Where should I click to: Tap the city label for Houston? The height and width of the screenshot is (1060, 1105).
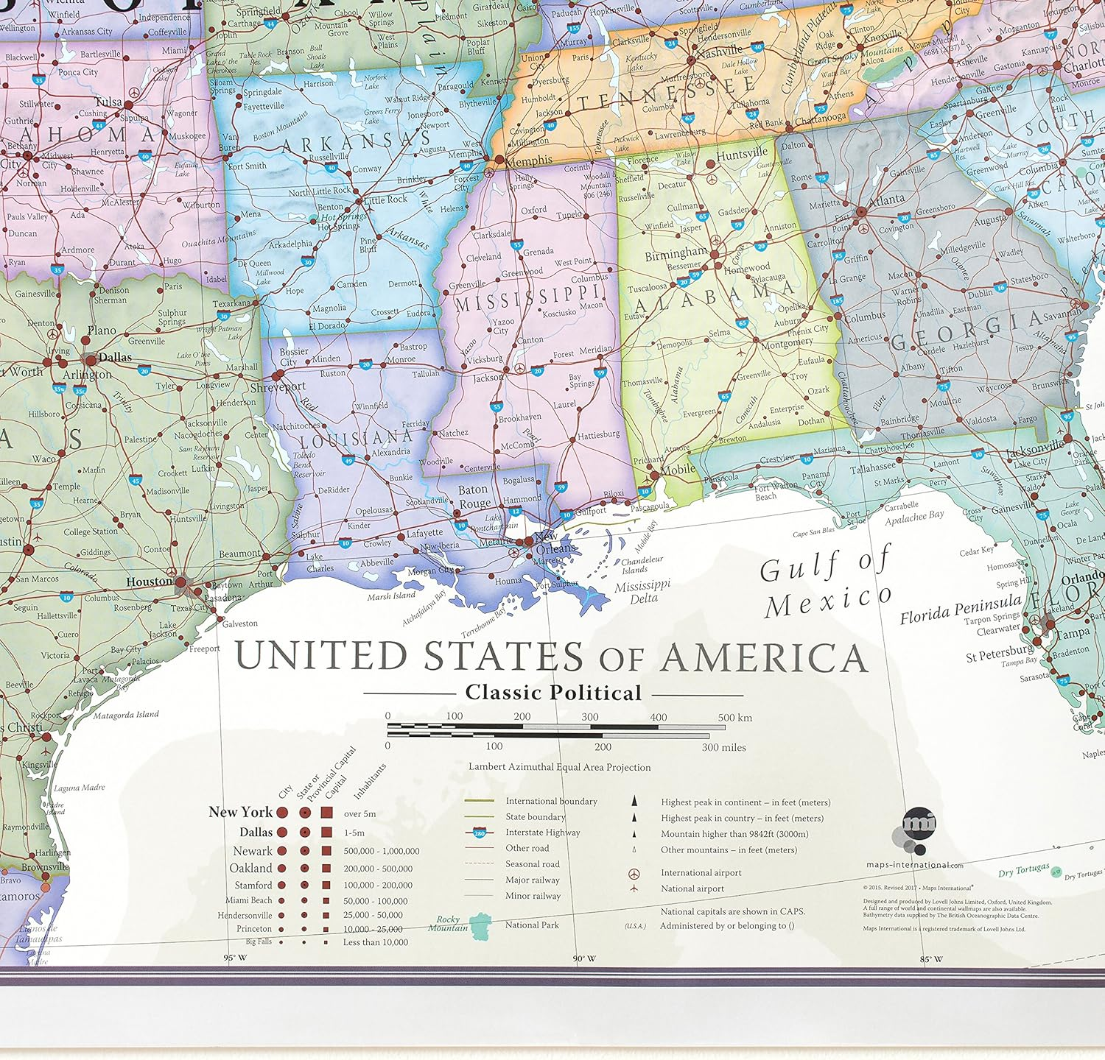click(x=149, y=582)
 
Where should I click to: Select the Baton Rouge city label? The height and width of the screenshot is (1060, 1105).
click(x=474, y=497)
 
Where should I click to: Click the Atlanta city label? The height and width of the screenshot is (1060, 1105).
click(x=886, y=199)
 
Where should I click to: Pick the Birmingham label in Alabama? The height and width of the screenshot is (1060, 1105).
click(x=676, y=255)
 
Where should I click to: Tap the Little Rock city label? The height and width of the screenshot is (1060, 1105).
click(x=385, y=199)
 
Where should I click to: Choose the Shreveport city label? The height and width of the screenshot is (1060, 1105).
click(x=278, y=386)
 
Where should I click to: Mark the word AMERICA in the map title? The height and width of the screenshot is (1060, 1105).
click(x=763, y=657)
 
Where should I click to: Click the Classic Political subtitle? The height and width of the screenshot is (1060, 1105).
click(x=553, y=693)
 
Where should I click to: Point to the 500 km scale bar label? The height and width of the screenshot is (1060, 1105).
click(x=734, y=717)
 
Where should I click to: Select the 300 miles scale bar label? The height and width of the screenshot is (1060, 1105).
click(x=723, y=747)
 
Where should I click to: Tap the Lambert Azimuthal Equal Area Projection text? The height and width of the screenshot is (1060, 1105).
click(x=559, y=767)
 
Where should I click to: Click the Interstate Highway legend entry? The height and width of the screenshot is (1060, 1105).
click(x=542, y=833)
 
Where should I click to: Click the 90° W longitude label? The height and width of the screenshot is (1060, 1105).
click(x=584, y=958)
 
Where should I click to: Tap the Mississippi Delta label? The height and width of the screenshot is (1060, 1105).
click(x=642, y=592)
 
